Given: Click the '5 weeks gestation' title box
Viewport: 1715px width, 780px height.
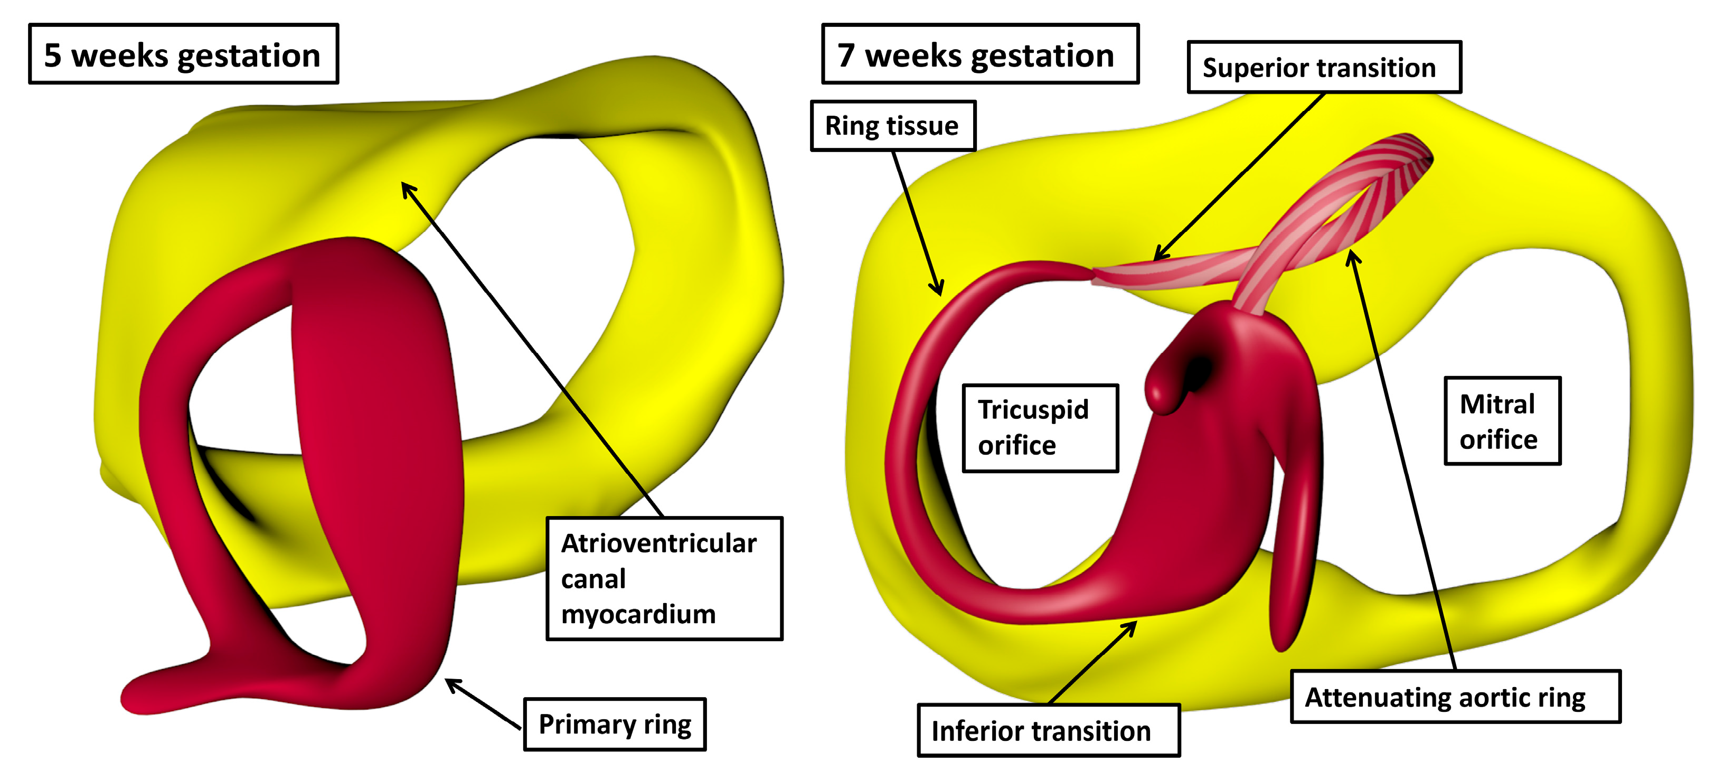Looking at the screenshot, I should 183,54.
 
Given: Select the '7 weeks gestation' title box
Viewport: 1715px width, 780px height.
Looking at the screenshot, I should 979,54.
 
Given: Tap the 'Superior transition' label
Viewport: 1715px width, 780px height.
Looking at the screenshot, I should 1324,67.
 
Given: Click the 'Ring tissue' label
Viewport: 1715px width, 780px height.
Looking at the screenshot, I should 892,126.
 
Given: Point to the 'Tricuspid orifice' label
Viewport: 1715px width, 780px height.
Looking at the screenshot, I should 1039,428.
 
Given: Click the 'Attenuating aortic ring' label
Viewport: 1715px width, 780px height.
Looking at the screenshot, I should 1455,697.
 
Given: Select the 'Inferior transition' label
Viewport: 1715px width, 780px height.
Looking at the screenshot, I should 1048,731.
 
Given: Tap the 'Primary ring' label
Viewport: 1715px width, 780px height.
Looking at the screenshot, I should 614,725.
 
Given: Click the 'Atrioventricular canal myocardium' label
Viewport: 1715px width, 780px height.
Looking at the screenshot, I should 664,578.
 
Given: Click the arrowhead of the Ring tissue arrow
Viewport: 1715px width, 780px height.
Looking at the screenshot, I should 939,292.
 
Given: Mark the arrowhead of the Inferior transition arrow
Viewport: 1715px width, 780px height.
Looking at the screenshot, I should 1134,624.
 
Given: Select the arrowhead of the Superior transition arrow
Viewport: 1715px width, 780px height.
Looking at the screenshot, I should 1157,257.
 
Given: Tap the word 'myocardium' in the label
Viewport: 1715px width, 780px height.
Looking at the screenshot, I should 638,614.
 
